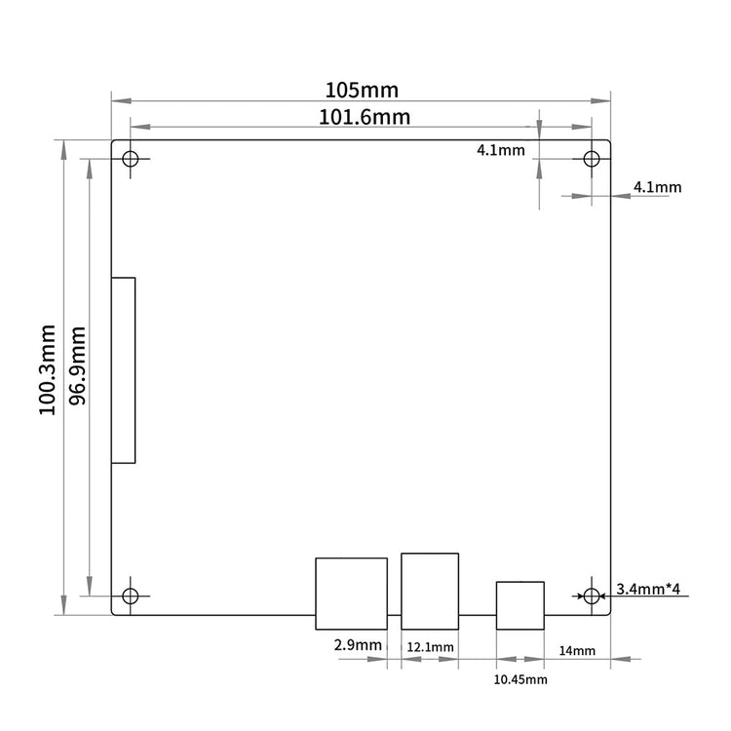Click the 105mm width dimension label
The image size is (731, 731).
click(362, 90)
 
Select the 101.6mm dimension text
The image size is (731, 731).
click(365, 117)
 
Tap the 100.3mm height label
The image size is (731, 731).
click(47, 369)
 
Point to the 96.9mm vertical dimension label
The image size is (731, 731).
click(77, 365)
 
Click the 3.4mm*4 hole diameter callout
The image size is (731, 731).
click(648, 589)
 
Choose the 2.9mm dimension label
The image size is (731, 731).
click(358, 645)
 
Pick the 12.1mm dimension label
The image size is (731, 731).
click(430, 647)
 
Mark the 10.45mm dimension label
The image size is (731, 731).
click(520, 679)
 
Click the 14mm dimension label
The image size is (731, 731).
click(577, 650)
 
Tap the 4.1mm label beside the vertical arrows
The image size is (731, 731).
click(501, 150)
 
